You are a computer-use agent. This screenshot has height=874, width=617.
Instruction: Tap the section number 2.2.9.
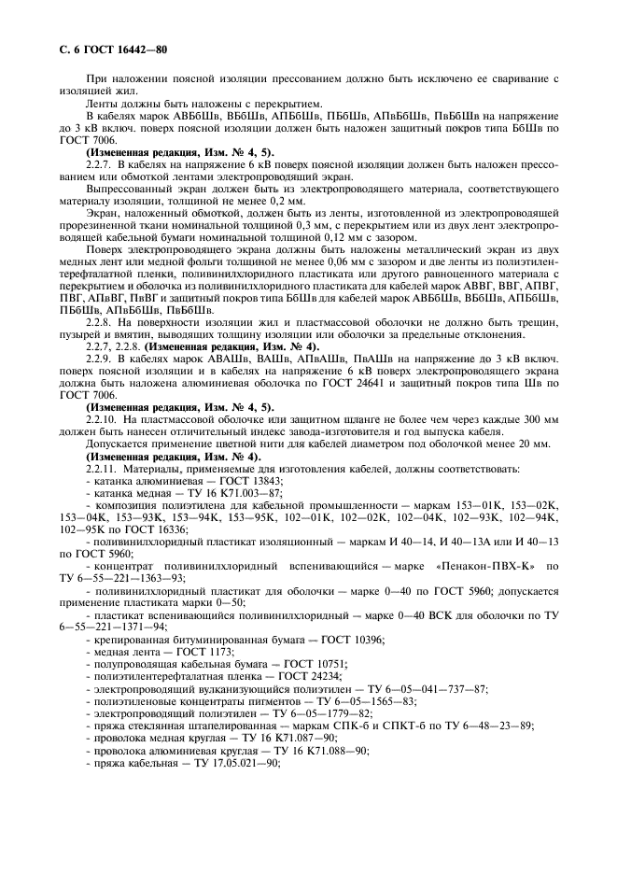101,359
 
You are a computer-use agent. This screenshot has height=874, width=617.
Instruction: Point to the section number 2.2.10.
103,416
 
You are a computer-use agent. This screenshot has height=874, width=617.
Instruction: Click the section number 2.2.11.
103,468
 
